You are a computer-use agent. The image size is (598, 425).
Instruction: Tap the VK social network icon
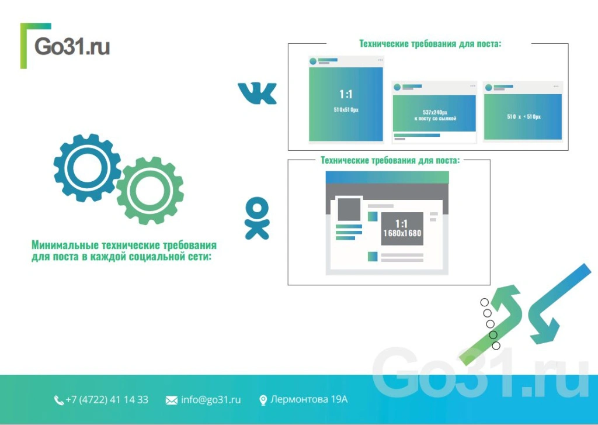point(257,94)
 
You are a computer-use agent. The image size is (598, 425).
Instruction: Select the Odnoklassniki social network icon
point(257,219)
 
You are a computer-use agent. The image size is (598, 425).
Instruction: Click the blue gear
point(87,168)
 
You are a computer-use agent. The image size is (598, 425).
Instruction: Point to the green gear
point(150,191)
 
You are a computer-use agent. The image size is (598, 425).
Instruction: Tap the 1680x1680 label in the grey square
point(402,233)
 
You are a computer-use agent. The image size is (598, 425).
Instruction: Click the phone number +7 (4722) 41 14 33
point(107,400)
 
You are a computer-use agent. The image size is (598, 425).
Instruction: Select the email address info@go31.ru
point(211,400)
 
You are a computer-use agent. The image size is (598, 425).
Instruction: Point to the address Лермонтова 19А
point(309,399)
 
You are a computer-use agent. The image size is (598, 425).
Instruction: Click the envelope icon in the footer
point(172,400)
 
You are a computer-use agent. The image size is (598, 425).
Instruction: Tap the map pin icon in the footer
point(263,400)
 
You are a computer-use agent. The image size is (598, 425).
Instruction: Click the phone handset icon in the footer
point(58,400)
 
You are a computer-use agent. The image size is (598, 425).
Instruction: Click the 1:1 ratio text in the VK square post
point(346,94)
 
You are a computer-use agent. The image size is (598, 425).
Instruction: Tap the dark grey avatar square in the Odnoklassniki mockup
point(349,209)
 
